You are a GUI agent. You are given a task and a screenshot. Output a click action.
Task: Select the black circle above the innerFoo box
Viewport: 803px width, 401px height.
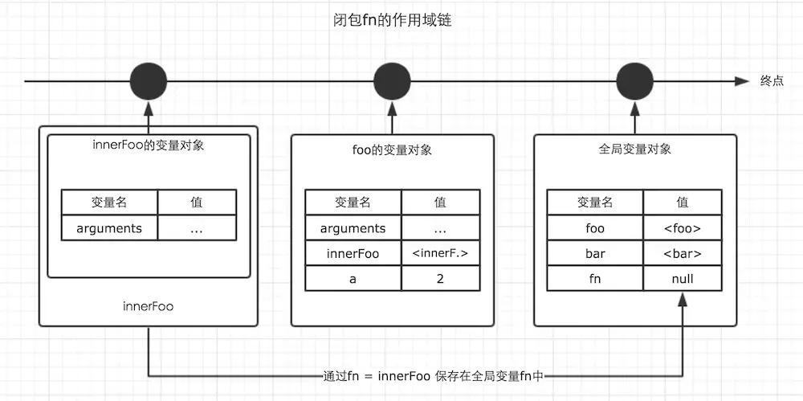pyautogui.click(x=149, y=81)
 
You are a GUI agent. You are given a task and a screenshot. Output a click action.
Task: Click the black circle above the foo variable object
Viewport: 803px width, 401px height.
pyautogui.click(x=392, y=81)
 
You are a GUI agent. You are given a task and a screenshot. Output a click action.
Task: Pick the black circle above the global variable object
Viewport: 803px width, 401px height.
pyautogui.click(x=634, y=81)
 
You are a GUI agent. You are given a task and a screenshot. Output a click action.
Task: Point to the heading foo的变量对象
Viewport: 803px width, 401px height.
pyautogui.click(x=392, y=150)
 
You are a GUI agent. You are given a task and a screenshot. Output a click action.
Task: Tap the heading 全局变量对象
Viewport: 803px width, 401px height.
pyautogui.click(x=634, y=149)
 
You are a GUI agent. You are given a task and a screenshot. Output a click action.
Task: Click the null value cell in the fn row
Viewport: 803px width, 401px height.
pyautogui.click(x=683, y=279)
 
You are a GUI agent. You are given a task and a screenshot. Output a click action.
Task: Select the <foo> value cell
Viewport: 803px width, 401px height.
pyautogui.click(x=683, y=228)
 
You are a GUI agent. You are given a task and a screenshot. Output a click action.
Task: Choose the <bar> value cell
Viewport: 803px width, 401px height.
pyautogui.click(x=683, y=254)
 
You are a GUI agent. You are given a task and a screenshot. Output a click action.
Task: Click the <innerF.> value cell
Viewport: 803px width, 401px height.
pyautogui.click(x=439, y=254)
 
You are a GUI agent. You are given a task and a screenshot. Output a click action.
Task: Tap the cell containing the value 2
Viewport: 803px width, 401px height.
pyautogui.click(x=439, y=279)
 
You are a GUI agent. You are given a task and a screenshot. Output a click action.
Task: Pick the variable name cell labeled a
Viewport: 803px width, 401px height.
pyautogui.click(x=353, y=279)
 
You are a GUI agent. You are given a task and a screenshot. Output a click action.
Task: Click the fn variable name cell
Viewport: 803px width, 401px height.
pyautogui.click(x=595, y=279)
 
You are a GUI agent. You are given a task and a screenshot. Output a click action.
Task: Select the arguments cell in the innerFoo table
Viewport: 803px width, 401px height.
pyautogui.click(x=109, y=228)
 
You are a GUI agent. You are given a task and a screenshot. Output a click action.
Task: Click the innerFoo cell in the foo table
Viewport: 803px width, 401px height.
pyautogui.click(x=353, y=254)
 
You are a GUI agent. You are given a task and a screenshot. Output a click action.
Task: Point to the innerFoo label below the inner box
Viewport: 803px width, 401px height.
pyautogui.click(x=149, y=306)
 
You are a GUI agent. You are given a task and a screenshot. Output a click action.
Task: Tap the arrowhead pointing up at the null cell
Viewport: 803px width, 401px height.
pyautogui.click(x=683, y=298)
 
